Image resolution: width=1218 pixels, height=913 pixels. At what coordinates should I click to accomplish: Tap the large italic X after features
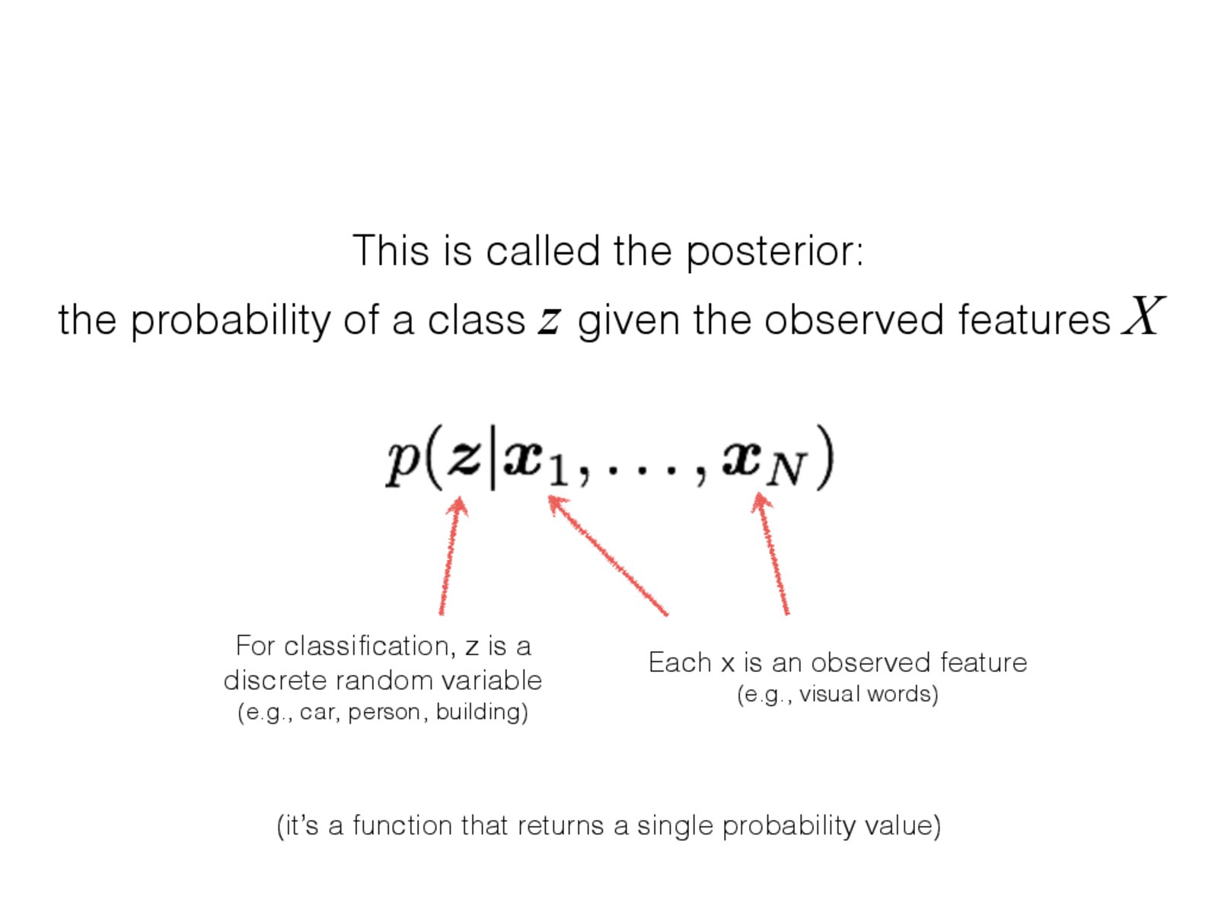point(1143,315)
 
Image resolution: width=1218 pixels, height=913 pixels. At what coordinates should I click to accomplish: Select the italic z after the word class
point(548,322)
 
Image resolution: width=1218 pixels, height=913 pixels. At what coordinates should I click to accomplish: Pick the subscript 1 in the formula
point(558,472)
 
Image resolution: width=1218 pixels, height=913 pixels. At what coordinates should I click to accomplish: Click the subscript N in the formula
point(786,472)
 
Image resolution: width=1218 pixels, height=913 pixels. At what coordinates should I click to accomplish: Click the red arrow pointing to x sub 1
point(608,555)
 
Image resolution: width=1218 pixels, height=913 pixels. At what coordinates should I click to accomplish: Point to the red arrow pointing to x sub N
point(770,554)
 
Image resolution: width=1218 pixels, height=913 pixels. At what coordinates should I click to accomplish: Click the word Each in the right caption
point(681,663)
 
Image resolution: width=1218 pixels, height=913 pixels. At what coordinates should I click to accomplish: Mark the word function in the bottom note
point(402,826)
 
